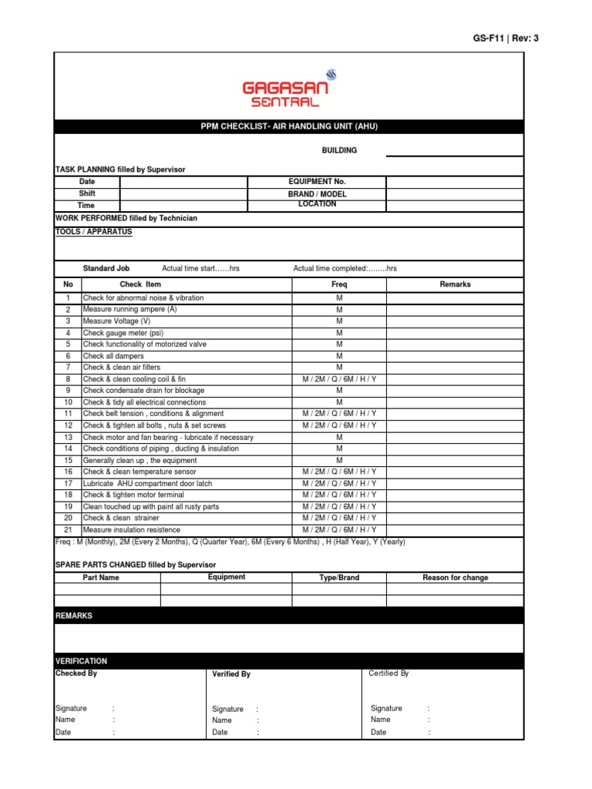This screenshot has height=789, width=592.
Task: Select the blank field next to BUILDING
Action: [x=454, y=150]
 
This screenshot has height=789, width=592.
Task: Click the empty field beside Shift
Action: [x=183, y=194]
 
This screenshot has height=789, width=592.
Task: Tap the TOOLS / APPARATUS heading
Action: [x=93, y=231]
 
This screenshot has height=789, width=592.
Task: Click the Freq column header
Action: [x=339, y=284]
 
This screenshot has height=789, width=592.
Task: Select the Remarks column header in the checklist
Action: [x=455, y=284]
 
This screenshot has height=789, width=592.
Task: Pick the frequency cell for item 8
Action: [x=339, y=379]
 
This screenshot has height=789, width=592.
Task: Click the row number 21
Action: [x=68, y=530]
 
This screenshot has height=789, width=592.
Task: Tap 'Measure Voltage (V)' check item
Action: [x=116, y=321]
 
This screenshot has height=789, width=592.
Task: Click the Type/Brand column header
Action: [x=339, y=578]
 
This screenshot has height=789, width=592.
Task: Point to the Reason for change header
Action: [x=455, y=578]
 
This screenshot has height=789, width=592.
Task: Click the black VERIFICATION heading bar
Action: [x=288, y=661]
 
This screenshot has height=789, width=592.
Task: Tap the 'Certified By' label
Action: [x=388, y=673]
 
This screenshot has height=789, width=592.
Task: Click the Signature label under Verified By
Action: [x=227, y=709]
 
